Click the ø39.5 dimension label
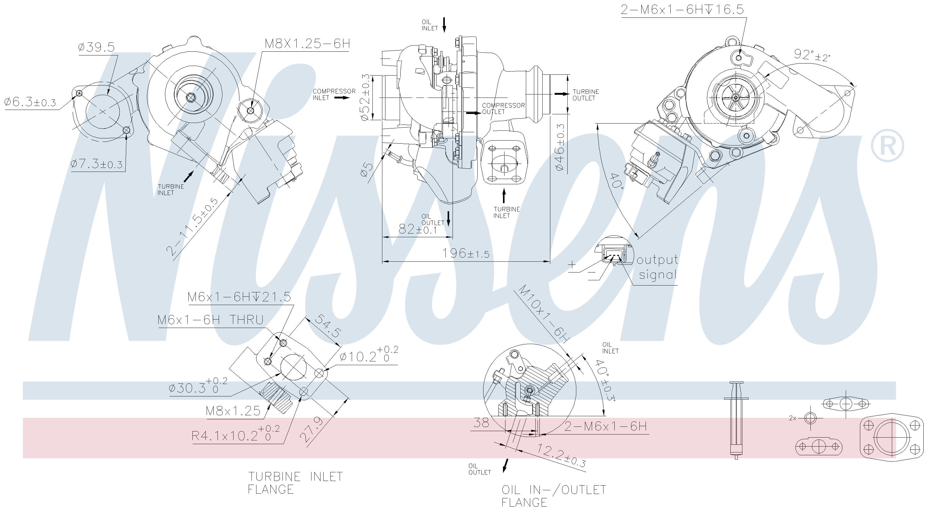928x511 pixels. pyautogui.click(x=96, y=47)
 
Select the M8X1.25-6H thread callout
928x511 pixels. pyautogui.click(x=307, y=44)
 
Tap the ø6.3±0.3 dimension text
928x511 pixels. pyautogui.click(x=30, y=103)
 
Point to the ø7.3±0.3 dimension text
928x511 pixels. pyautogui.click(x=97, y=164)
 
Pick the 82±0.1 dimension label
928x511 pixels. pyautogui.click(x=418, y=229)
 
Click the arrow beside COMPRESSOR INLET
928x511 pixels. pyautogui.click(x=342, y=97)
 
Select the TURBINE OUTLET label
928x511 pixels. pyautogui.click(x=586, y=95)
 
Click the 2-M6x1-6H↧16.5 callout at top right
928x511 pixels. pyautogui.click(x=682, y=10)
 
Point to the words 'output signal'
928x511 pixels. pyautogui.click(x=657, y=267)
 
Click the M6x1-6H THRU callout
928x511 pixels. pyautogui.click(x=210, y=320)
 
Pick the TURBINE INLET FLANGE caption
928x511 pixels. pyautogui.click(x=295, y=483)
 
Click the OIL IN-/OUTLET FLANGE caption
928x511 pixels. pyautogui.click(x=553, y=496)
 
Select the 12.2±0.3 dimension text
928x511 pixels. pyautogui.click(x=561, y=456)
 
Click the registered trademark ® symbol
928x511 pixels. pyautogui.click(x=887, y=145)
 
